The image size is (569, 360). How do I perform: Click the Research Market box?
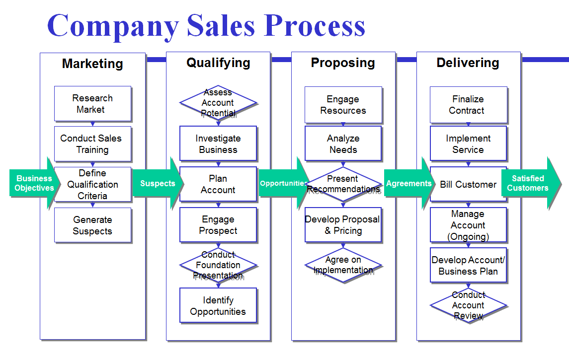pyautogui.click(x=92, y=104)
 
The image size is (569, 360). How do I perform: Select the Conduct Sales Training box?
pyautogui.click(x=92, y=144)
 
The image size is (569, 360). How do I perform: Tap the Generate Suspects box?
pyautogui.click(x=92, y=225)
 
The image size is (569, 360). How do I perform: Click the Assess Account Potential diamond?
pyautogui.click(x=218, y=103)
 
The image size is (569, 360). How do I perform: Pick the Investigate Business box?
pyautogui.click(x=218, y=144)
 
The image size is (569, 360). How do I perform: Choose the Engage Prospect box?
pyautogui.click(x=218, y=225)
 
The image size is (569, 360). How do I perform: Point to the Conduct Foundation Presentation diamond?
pyautogui.click(x=218, y=265)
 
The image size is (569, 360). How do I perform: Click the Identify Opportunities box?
pyautogui.click(x=218, y=306)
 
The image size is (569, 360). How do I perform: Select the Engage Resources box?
pyautogui.click(x=343, y=105)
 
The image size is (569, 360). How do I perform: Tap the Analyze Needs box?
pyautogui.click(x=343, y=144)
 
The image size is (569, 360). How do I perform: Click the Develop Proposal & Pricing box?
pyautogui.click(x=343, y=225)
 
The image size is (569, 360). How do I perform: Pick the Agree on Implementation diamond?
pyautogui.click(x=343, y=265)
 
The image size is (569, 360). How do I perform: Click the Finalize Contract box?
pyautogui.click(x=468, y=105)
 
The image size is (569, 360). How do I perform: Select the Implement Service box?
pyautogui.click(x=468, y=144)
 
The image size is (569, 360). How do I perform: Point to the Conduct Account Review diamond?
pyautogui.click(x=468, y=305)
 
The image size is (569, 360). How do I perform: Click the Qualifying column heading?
pyautogui.click(x=218, y=63)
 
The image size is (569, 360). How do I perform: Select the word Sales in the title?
pyautogui.click(x=222, y=25)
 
